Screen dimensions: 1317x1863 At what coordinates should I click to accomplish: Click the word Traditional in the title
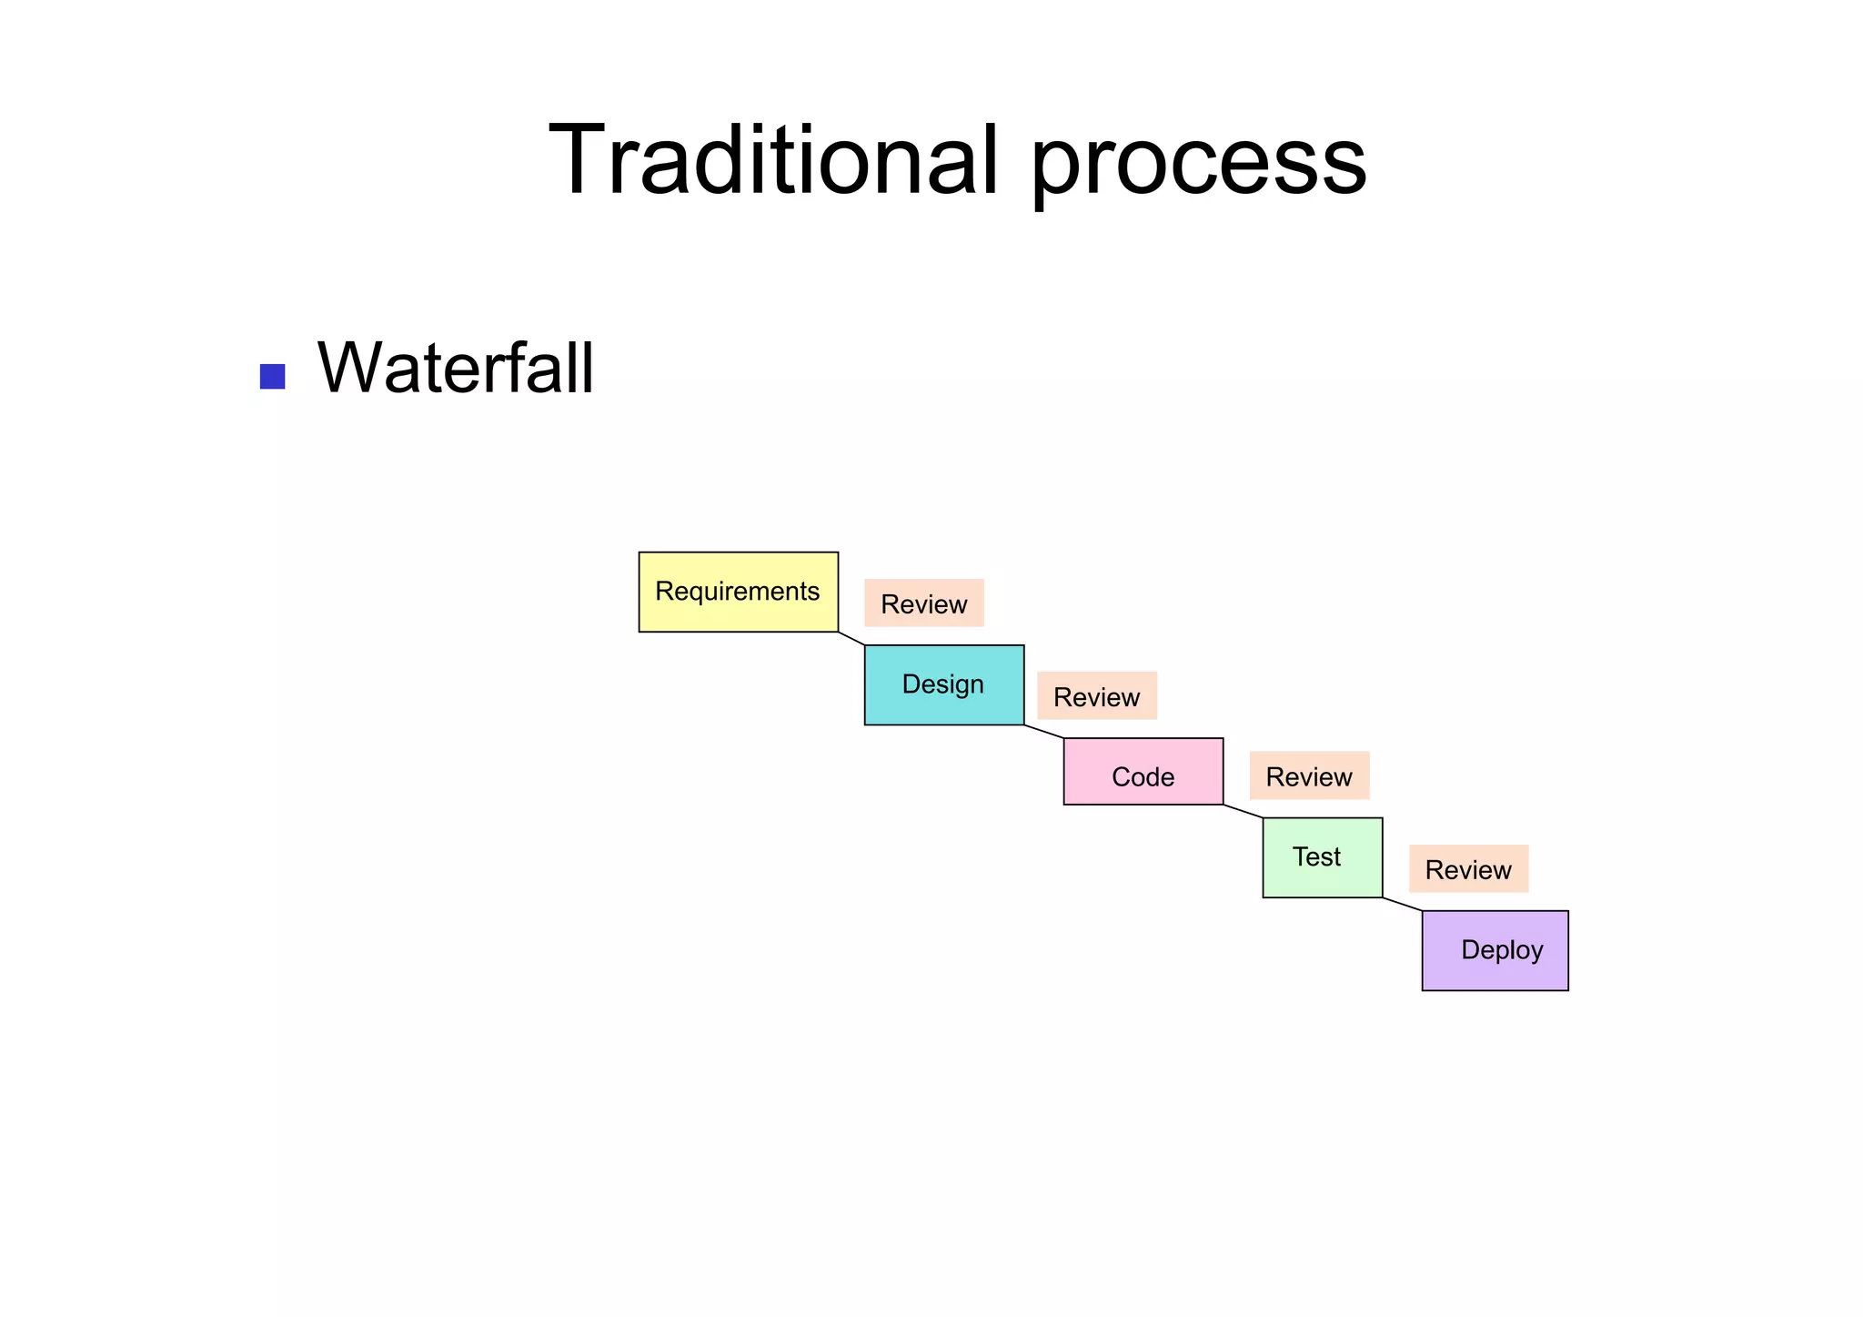point(773,161)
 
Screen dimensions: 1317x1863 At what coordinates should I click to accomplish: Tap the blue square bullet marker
point(272,376)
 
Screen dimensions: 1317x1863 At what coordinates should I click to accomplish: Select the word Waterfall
point(455,369)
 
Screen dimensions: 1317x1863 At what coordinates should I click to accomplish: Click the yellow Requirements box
point(738,592)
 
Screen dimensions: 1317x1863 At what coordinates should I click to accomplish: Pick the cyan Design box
point(943,684)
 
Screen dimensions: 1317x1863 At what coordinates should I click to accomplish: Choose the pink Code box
point(1143,772)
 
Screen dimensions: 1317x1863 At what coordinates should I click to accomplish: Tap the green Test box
point(1322,857)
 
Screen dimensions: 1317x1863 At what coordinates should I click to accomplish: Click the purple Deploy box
point(1495,950)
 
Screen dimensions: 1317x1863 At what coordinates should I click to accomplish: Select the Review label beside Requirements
point(923,603)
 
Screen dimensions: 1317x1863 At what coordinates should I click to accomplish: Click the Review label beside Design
point(1096,696)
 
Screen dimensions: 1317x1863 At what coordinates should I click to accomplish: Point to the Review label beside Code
point(1309,776)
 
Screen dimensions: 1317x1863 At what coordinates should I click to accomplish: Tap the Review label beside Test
point(1468,869)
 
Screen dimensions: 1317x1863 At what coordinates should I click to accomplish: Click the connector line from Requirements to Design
point(851,638)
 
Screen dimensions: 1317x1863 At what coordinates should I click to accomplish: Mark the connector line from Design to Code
point(1043,732)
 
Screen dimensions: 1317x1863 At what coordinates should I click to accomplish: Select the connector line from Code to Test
point(1243,811)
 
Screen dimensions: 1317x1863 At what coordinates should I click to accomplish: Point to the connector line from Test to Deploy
point(1402,904)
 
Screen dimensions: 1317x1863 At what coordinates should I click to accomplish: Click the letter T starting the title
point(582,161)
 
